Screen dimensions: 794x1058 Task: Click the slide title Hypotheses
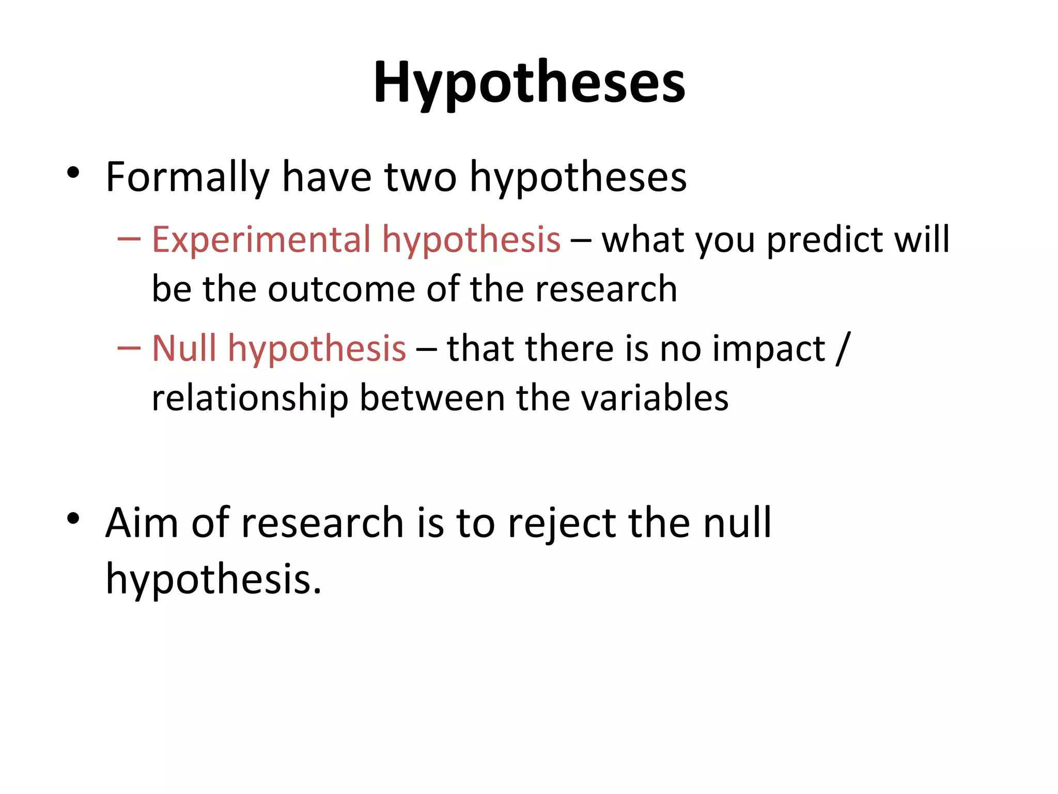pos(530,83)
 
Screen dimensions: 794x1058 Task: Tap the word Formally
pos(188,177)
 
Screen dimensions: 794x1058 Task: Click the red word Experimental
pos(261,240)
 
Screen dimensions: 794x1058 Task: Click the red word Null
pos(184,348)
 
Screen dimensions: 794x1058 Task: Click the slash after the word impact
pos(843,348)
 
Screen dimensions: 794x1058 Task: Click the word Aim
pos(142,523)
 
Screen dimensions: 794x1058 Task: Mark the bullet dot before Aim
pos(73,518)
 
